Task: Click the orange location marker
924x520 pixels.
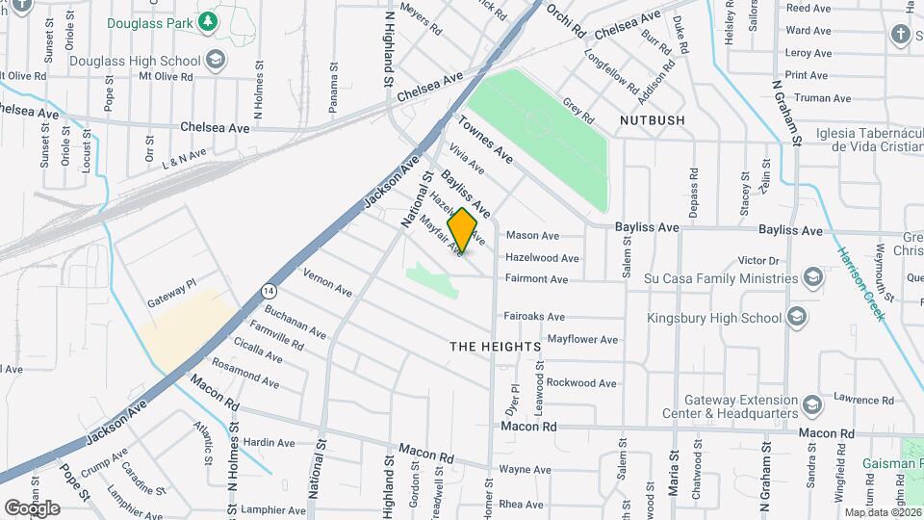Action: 463,230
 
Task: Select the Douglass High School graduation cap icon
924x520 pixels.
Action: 216,61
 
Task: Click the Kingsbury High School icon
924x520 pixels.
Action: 796,317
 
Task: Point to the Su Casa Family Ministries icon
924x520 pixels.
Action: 813,278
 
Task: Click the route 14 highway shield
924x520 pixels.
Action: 269,289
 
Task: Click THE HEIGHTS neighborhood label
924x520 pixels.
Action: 496,346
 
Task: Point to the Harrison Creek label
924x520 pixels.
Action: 859,284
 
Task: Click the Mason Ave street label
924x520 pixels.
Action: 532,236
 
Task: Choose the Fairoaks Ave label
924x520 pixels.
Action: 535,316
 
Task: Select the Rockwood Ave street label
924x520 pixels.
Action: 581,383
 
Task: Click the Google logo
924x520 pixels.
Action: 32,507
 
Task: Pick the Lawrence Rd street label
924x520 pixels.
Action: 858,399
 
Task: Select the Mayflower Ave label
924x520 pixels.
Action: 582,340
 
